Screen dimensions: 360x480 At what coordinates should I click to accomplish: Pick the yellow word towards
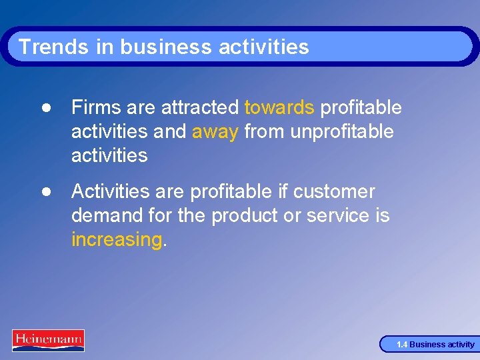279,107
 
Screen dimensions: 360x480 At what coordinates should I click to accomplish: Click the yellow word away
215,131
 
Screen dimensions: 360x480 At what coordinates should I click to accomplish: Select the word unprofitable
342,131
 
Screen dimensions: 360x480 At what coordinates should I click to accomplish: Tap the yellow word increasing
117,239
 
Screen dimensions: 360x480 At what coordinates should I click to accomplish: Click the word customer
335,191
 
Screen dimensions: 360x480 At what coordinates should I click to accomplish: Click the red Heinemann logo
48,340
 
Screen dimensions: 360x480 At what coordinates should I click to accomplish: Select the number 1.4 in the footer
401,345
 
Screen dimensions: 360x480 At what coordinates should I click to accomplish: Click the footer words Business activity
442,345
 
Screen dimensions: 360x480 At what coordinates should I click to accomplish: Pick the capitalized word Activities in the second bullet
109,191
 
